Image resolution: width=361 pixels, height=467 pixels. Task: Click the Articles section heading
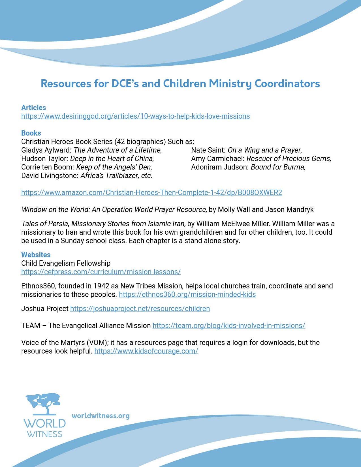pos(33,108)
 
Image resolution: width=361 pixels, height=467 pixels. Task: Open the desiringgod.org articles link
pos(135,116)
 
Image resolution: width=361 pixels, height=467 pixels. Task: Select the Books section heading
pos(31,133)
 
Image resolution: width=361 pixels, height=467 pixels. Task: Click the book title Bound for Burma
pos(278,167)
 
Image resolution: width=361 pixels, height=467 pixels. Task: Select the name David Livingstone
pos(50,175)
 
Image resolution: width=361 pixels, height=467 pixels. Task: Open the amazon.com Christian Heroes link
pos(151,192)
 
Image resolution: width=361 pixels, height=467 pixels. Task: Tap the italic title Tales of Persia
pos(45,224)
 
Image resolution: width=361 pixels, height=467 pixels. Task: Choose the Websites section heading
pos(36,255)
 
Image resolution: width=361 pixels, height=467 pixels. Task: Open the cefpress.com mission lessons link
pos(101,272)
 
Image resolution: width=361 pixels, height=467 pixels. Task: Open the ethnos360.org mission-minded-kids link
pos(187,294)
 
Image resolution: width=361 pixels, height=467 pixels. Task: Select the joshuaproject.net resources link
pos(140,309)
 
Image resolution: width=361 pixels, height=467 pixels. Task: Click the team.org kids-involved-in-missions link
pos(228,325)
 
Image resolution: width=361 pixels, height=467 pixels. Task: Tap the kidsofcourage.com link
pos(146,351)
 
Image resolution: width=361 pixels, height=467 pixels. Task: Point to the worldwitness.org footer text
pos(101,416)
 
